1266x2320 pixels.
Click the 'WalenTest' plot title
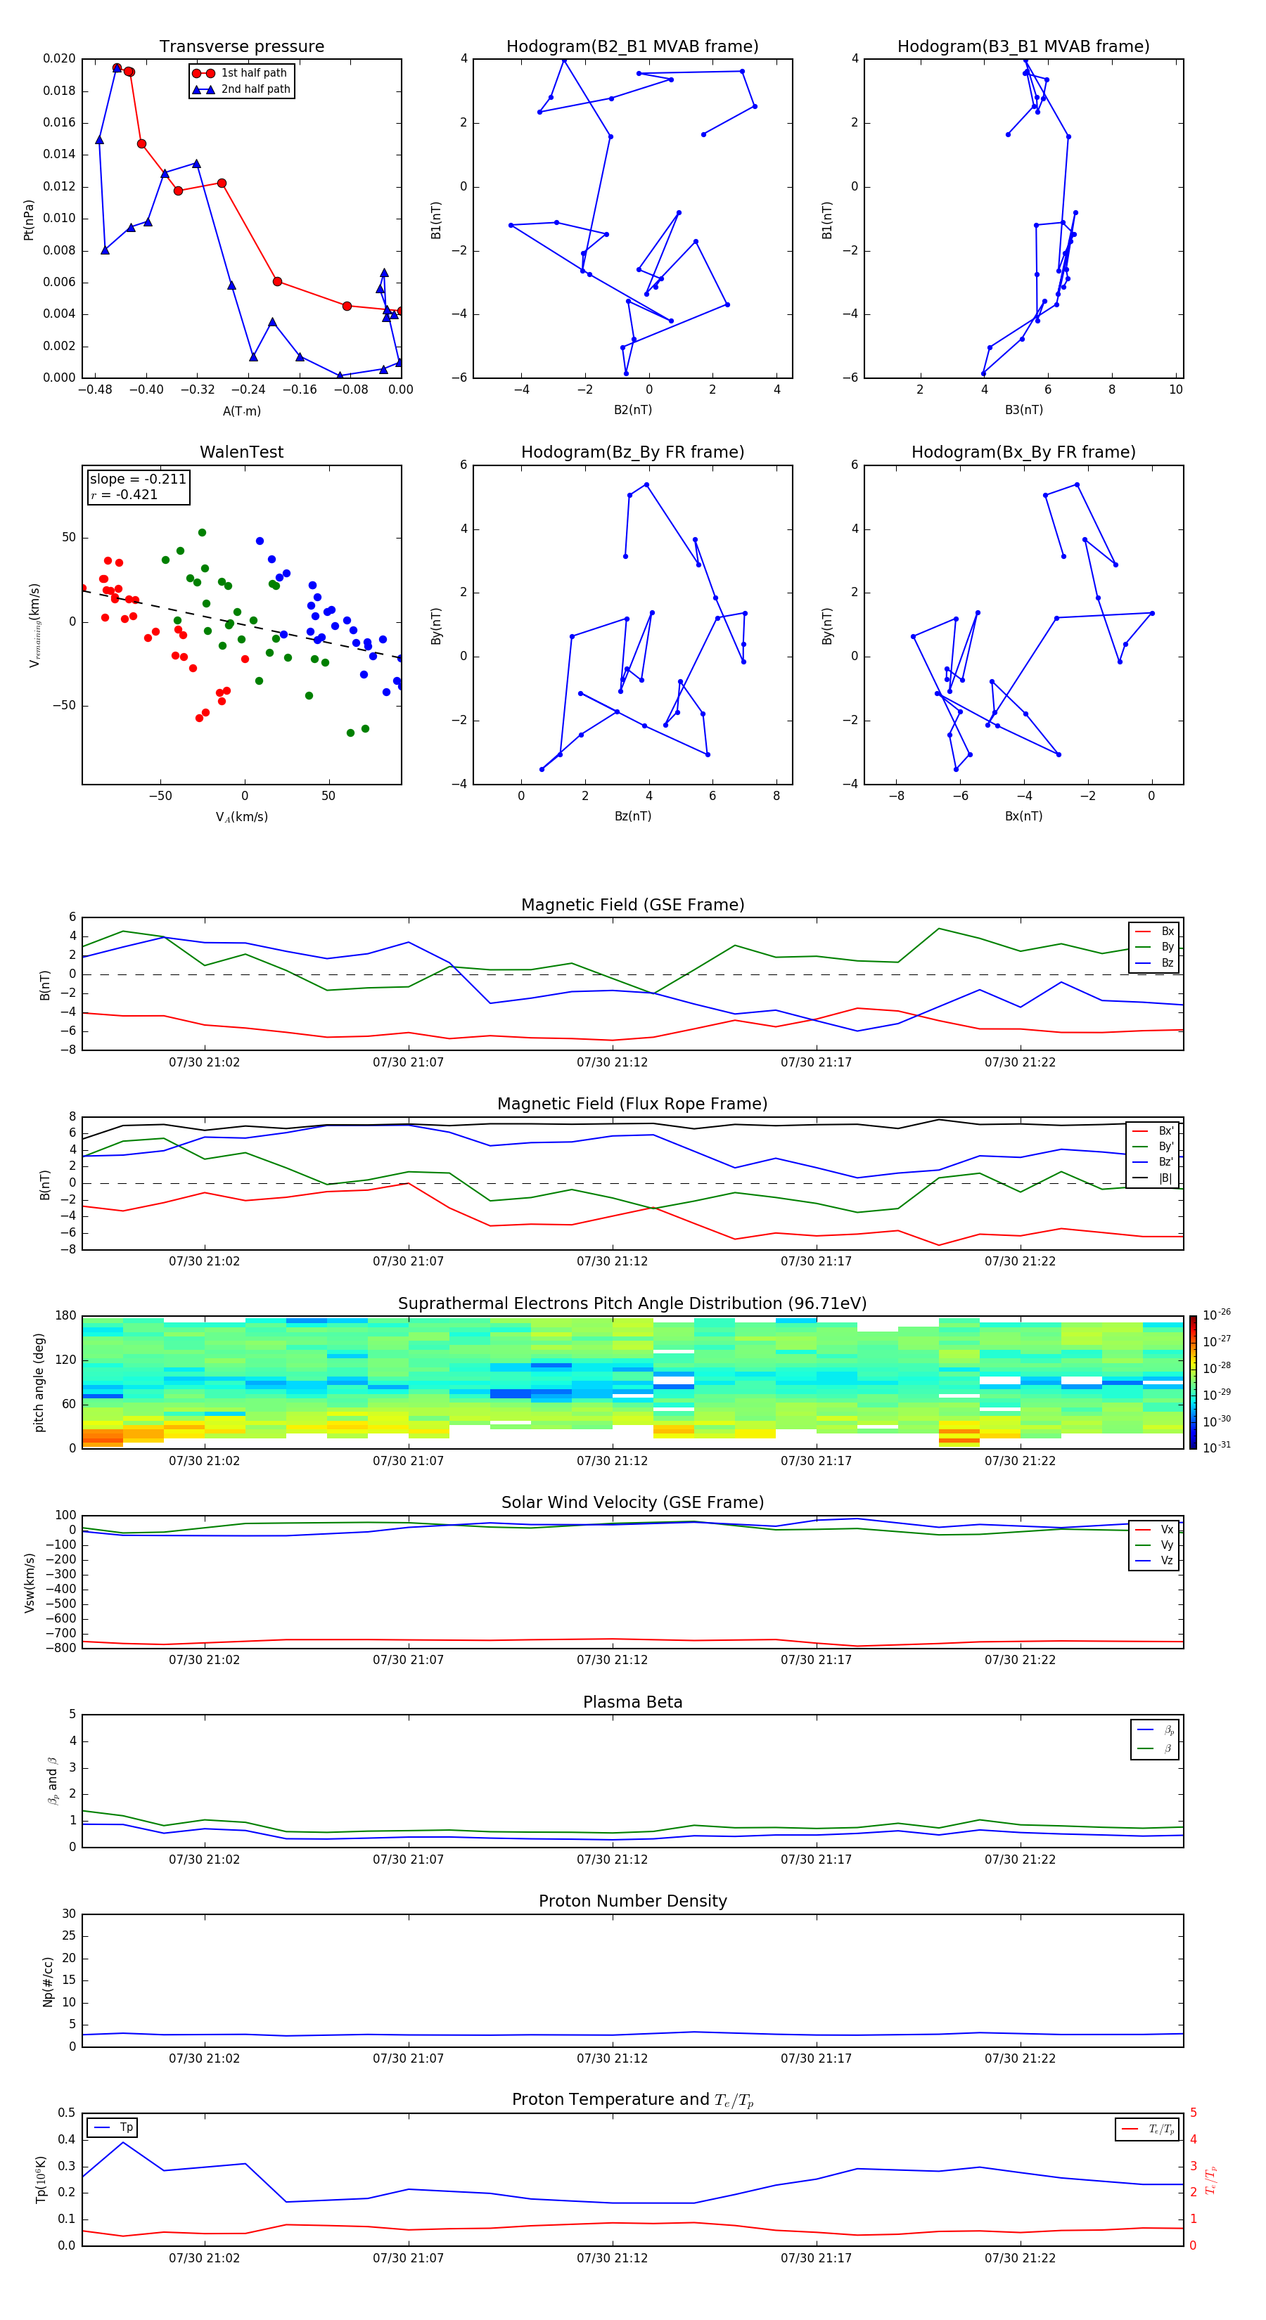click(241, 452)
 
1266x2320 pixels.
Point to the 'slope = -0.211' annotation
click(138, 479)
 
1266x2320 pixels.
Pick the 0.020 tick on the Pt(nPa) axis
click(60, 58)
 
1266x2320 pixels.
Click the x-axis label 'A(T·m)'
click(241, 411)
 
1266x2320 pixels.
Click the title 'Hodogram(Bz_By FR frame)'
click(632, 452)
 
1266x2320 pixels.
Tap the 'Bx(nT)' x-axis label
click(1023, 816)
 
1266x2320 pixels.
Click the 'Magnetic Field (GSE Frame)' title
click(632, 905)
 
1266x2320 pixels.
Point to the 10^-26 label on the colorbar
click(1215, 1315)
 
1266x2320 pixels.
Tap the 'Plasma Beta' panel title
click(632, 1702)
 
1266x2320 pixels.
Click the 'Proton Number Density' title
click(632, 1901)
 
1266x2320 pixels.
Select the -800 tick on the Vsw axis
click(61, 1648)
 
